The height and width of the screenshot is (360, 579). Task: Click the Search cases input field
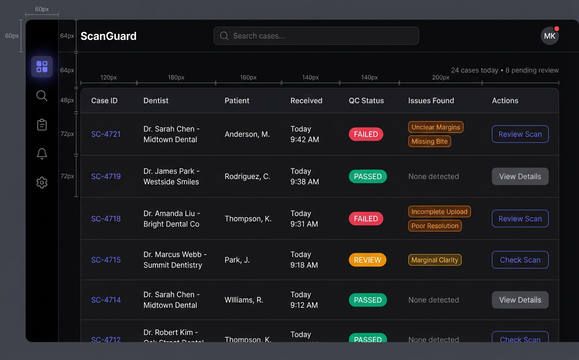[316, 36]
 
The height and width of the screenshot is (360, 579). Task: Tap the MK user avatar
[549, 36]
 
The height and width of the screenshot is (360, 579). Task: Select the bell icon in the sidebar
[42, 154]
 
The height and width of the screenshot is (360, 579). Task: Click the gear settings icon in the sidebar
[42, 182]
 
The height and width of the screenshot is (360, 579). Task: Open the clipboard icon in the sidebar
[42, 125]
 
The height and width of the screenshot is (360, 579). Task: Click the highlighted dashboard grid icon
[42, 67]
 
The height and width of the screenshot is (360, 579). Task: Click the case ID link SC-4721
[106, 134]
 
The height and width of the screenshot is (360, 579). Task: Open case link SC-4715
[106, 260]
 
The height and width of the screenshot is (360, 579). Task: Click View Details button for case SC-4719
[520, 176]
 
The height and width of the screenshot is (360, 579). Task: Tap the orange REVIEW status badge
[367, 260]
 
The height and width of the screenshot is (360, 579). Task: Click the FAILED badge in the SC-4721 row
[366, 134]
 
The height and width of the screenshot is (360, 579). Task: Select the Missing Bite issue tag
[429, 141]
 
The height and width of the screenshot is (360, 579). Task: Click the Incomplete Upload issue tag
[439, 212]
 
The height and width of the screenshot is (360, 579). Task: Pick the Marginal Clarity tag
[435, 260]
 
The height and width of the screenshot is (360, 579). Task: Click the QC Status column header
[366, 101]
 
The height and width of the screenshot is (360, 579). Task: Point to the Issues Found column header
[431, 101]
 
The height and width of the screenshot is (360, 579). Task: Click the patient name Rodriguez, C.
[247, 176]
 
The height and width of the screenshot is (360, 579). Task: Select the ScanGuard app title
[109, 36]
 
